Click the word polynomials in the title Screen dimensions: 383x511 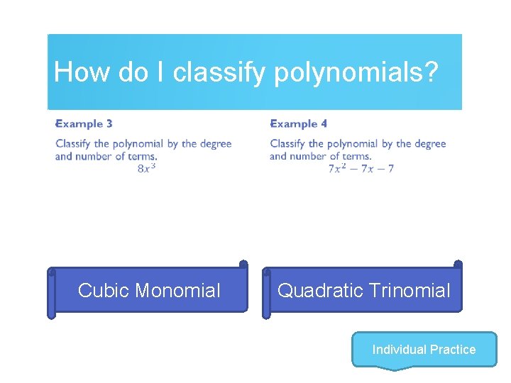(x=356, y=72)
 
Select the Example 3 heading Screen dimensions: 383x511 (x=84, y=123)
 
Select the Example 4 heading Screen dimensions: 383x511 (x=298, y=123)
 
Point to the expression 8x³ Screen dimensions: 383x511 (x=146, y=168)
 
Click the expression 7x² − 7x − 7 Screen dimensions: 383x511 (x=361, y=168)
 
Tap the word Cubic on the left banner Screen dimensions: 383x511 (x=104, y=290)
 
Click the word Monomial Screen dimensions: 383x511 (x=177, y=290)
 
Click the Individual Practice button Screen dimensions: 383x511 (x=424, y=350)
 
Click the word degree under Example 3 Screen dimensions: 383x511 (x=215, y=144)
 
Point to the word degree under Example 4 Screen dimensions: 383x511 (x=429, y=144)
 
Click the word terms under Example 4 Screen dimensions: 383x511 (x=356, y=156)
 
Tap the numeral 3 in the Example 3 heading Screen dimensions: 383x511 (x=109, y=123)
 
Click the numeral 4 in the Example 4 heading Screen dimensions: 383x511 (x=323, y=123)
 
